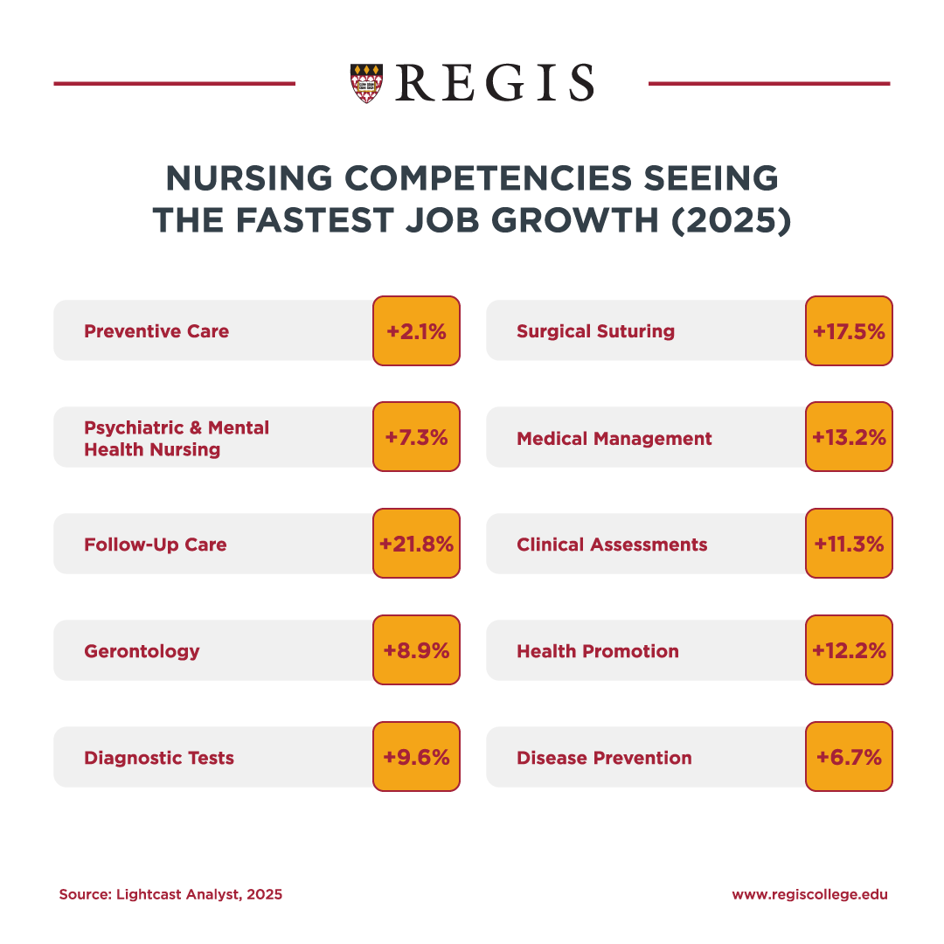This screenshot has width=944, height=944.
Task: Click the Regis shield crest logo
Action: click(x=365, y=83)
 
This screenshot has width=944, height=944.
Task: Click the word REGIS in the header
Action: click(x=495, y=83)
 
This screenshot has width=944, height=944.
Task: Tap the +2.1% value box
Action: click(x=416, y=331)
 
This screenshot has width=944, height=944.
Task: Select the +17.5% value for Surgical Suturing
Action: click(x=849, y=331)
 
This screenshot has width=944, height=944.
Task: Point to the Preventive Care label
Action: click(x=156, y=331)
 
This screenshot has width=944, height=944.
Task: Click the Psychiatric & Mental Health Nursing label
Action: click(x=177, y=438)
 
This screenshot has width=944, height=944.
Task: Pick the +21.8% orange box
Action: click(x=416, y=544)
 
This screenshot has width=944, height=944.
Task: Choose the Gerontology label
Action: click(x=142, y=650)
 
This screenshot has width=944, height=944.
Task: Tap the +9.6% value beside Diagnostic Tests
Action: click(x=416, y=757)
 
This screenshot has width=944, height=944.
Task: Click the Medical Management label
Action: click(x=614, y=438)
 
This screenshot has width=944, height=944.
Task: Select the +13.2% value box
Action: click(x=849, y=438)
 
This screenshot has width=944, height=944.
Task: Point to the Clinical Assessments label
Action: click(x=612, y=544)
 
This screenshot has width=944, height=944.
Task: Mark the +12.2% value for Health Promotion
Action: click(x=849, y=650)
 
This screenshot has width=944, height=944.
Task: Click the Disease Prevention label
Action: click(x=604, y=757)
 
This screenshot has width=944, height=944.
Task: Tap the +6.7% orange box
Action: click(x=849, y=757)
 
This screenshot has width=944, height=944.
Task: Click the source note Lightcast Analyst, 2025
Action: click(x=170, y=894)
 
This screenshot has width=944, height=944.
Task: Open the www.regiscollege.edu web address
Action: click(x=809, y=894)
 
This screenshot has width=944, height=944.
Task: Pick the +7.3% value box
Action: click(x=416, y=438)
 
